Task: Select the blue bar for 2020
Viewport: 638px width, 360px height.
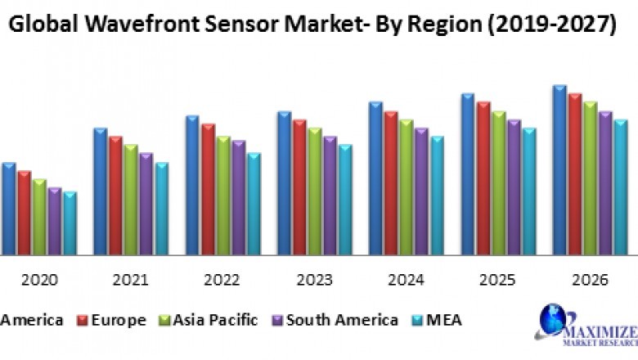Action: [x=9, y=209]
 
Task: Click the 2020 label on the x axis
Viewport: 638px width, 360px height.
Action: [x=39, y=280]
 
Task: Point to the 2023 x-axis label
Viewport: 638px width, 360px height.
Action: [x=313, y=280]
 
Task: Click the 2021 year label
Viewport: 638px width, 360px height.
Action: [x=131, y=280]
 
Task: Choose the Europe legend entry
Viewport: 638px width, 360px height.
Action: [x=111, y=320]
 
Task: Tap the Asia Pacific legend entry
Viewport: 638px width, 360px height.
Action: [x=212, y=320]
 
